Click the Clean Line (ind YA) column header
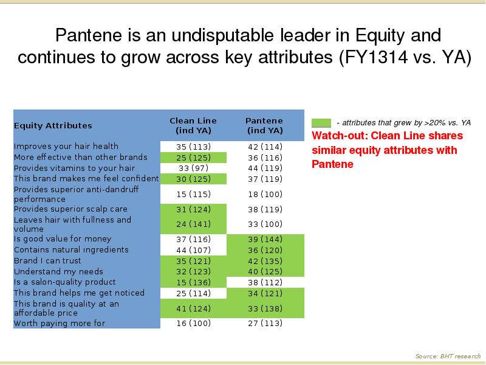click(193, 125)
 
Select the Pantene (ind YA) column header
click(264, 125)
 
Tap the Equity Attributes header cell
click(53, 126)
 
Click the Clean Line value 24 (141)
click(193, 224)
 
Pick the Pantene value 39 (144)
click(265, 239)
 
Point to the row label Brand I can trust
click(47, 261)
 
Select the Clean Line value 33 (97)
click(193, 169)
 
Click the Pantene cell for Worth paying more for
click(265, 324)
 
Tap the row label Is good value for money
click(63, 239)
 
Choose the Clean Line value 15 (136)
click(193, 282)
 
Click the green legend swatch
click(321, 123)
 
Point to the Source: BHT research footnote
click(448, 356)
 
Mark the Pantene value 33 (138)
click(265, 308)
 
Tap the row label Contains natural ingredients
click(71, 250)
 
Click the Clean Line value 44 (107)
click(193, 250)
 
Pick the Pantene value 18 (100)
click(265, 194)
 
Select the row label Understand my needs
click(58, 271)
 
